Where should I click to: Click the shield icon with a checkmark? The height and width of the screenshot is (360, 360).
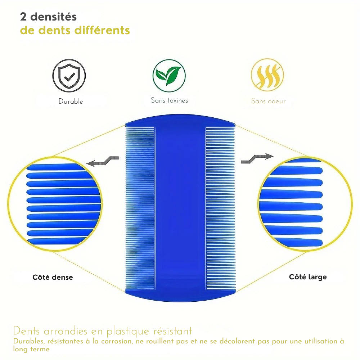click(x=69, y=76)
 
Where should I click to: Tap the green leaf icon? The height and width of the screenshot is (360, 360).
click(x=169, y=76)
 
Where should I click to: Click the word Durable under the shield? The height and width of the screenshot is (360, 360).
click(x=71, y=102)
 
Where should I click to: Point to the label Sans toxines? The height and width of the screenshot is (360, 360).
click(x=169, y=100)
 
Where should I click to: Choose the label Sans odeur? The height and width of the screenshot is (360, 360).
click(x=268, y=101)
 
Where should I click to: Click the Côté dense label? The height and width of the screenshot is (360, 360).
click(x=53, y=277)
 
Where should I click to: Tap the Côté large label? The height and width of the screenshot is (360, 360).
click(x=308, y=277)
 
